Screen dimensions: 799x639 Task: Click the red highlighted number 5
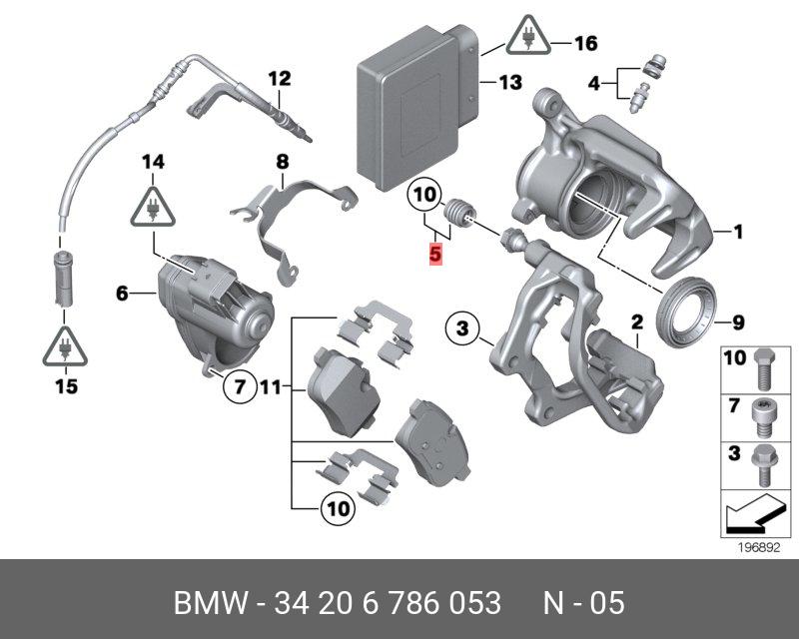coord(434,255)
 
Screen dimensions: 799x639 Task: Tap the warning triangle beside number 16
coord(525,38)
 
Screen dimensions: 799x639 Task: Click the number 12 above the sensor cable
coord(278,77)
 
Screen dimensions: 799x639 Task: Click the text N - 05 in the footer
coord(583,603)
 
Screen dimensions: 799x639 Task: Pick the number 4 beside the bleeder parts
coord(594,84)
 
